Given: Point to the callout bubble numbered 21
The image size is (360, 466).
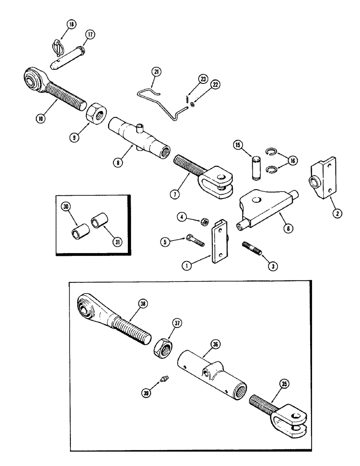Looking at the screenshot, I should tap(156, 71).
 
